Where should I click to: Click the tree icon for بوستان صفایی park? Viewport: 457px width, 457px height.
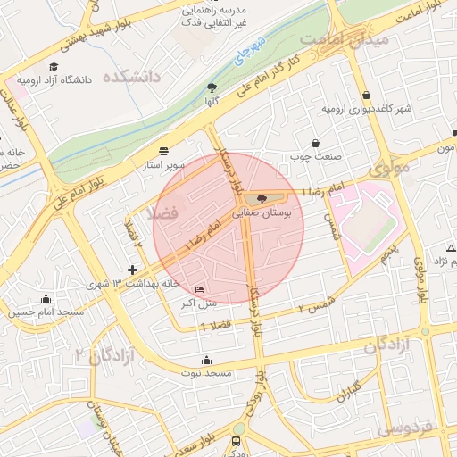tap(261, 198)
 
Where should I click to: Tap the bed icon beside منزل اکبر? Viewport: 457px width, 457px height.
tap(199, 289)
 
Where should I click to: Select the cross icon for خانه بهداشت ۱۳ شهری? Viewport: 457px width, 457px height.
tap(133, 269)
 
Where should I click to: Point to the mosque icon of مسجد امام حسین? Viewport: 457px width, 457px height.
tap(46, 298)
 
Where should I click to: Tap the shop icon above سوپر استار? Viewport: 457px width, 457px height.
tap(163, 151)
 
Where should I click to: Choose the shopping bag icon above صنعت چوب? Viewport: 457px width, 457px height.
tap(315, 143)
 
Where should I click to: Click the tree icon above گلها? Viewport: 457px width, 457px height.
tap(212, 87)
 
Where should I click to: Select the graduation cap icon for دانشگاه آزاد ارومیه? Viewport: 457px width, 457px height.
tap(54, 67)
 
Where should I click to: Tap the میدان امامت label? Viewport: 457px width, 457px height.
tap(345, 40)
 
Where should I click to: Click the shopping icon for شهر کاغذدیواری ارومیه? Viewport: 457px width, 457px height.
tap(367, 96)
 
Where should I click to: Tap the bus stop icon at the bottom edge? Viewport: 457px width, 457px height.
tap(236, 441)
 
